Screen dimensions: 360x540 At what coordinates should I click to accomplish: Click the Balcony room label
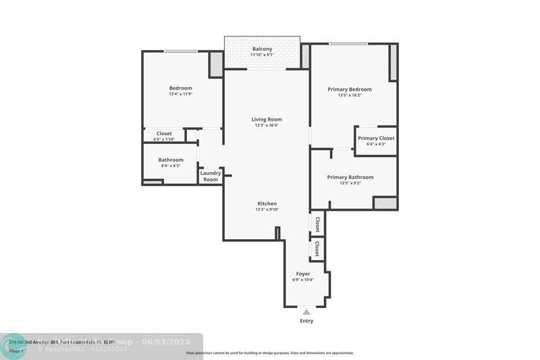pos(263,49)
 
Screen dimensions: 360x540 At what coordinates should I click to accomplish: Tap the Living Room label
pos(267,119)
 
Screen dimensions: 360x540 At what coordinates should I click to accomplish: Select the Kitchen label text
pos(267,203)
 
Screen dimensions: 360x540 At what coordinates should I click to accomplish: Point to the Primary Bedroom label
pos(350,89)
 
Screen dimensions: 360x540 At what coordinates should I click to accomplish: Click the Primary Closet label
pos(376,138)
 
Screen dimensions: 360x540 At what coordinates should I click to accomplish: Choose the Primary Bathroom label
pos(350,177)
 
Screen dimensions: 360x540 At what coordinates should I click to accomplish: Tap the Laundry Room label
pos(211,176)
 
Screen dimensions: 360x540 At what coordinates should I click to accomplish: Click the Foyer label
pos(303,274)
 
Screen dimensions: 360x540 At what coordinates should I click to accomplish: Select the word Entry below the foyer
pos(306,321)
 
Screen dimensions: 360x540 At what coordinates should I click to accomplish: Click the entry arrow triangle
pos(306,311)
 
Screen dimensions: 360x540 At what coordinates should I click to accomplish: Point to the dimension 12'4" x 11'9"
pos(180,94)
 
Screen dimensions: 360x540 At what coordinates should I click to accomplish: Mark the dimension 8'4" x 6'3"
pos(171,165)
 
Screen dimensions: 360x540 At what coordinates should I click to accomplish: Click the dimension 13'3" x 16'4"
pos(267,125)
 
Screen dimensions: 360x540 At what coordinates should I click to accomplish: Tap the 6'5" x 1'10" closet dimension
pos(164,139)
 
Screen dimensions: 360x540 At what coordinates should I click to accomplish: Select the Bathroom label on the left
pos(171,159)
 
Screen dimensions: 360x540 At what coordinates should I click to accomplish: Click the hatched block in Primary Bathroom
pos(385,203)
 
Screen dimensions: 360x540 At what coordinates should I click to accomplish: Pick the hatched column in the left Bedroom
pos(215,63)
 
